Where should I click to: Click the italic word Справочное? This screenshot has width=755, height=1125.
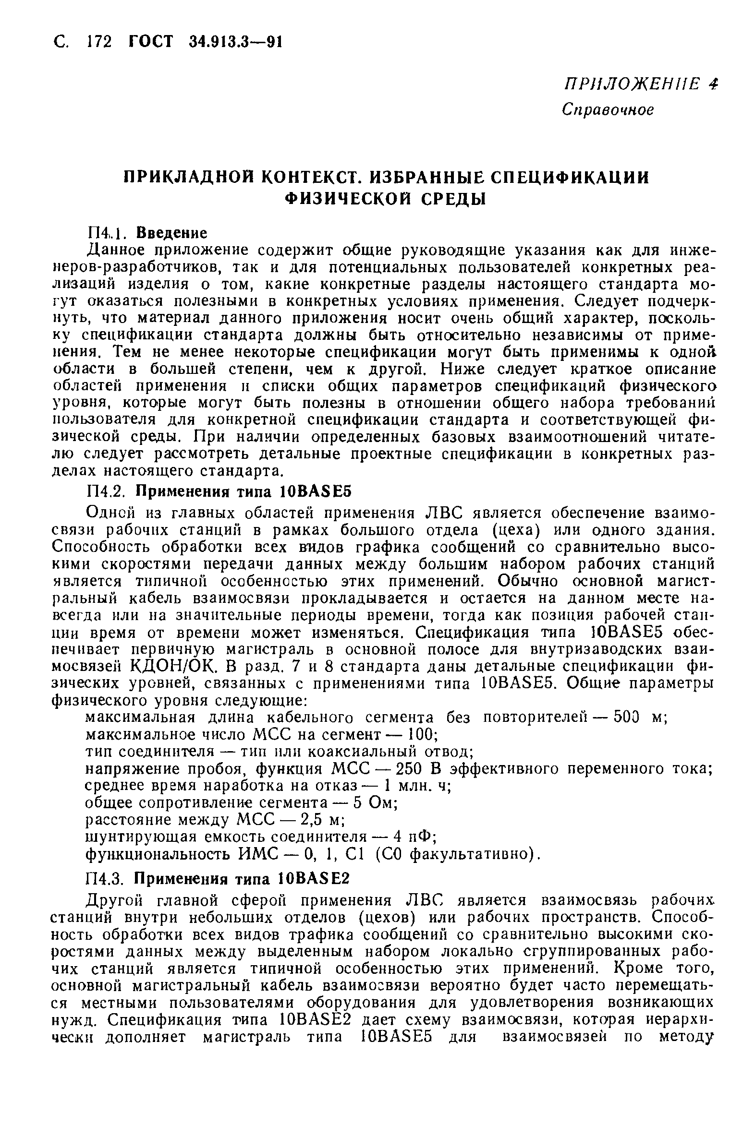tap(608, 110)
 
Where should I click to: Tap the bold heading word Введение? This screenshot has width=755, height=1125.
tap(172, 233)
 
